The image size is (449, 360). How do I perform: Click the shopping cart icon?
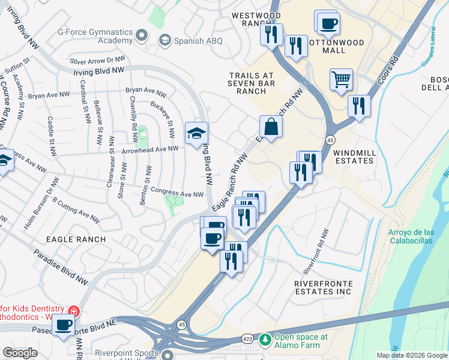pyautogui.click(x=341, y=79)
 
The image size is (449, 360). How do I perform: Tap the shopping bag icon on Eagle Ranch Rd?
pyautogui.click(x=271, y=127)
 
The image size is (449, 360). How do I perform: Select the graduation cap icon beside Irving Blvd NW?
pyautogui.click(x=195, y=134)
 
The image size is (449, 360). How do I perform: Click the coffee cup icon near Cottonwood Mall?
pyautogui.click(x=328, y=24)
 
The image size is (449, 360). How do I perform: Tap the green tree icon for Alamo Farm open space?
pyautogui.click(x=265, y=340)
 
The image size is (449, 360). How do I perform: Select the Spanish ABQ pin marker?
pyautogui.click(x=164, y=40)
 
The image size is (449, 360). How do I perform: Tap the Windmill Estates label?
pyautogui.click(x=354, y=157)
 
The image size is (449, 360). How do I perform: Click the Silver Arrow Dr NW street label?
pyautogui.click(x=97, y=61)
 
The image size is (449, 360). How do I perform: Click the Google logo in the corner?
pyautogui.click(x=20, y=353)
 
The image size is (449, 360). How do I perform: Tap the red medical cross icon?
pyautogui.click(x=74, y=311)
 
